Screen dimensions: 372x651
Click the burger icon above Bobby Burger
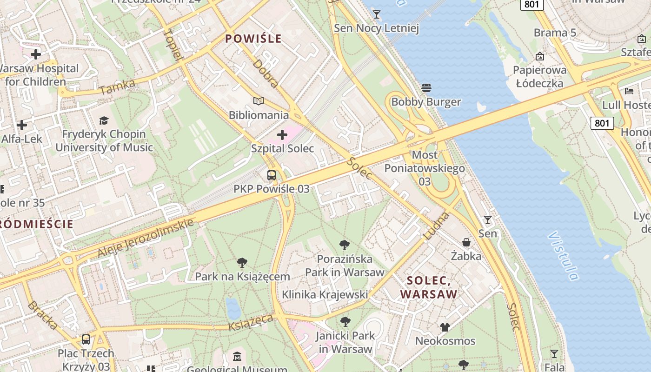point(426,87)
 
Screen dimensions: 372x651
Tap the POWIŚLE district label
point(253,39)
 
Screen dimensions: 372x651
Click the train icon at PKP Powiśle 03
point(272,175)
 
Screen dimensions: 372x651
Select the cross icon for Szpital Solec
point(282,135)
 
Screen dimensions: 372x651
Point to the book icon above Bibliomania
point(259,101)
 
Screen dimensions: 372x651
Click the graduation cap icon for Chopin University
point(104,120)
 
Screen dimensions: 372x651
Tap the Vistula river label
point(563,256)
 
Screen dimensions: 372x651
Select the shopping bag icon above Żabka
point(466,242)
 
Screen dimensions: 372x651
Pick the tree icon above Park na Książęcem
point(242,263)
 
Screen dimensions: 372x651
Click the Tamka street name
point(117,87)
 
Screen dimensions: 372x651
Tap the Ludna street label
point(437,226)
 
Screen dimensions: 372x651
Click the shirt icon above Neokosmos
point(445,327)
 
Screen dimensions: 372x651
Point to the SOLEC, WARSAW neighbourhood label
point(429,287)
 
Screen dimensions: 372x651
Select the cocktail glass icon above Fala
point(554,354)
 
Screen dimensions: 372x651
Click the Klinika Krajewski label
point(325,294)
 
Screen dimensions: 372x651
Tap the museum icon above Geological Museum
point(237,357)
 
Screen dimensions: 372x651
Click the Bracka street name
point(42,315)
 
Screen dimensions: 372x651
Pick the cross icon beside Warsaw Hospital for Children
point(36,54)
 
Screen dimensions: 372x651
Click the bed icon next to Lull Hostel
point(629,91)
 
